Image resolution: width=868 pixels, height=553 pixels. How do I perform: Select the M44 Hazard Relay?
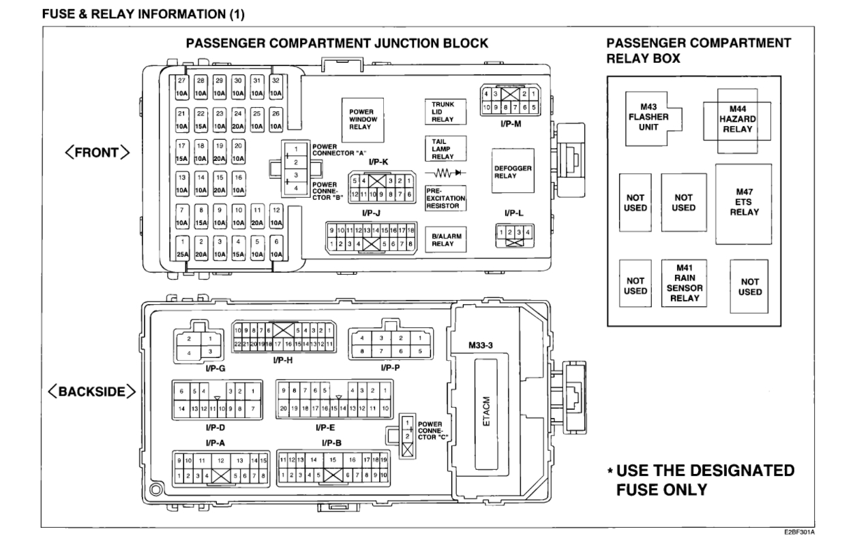click(737, 119)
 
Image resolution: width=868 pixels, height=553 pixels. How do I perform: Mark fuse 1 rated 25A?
click(182, 248)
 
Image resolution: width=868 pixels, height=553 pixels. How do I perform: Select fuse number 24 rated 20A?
click(238, 119)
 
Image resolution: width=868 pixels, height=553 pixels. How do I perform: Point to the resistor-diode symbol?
click(447, 173)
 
